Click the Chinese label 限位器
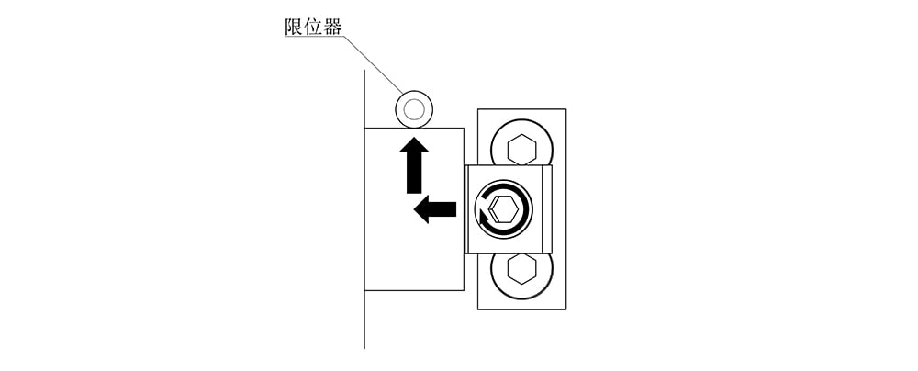coord(313,27)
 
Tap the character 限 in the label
coord(294,27)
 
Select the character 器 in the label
coord(332,27)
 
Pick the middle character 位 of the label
coord(313,27)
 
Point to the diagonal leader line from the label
coord(373,64)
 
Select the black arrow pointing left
coord(435,209)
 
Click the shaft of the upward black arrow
coord(414,173)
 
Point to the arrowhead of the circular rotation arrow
coord(484,218)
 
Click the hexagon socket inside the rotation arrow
coord(504,209)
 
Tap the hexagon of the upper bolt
coord(521,150)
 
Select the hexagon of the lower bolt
coord(521,269)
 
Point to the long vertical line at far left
coord(364,209)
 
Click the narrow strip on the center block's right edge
coord(547,209)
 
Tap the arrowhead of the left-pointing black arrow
coord(421,209)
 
